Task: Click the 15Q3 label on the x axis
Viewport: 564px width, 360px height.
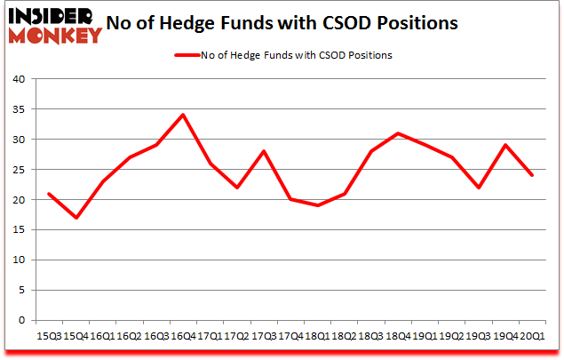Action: (49, 336)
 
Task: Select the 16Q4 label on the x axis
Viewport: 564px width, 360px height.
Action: (182, 336)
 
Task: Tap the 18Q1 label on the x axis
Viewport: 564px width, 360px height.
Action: (315, 336)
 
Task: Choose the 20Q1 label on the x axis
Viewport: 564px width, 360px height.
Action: (530, 336)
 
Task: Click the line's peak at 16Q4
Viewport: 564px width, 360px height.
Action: (182, 115)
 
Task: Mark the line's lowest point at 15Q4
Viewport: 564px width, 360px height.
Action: (75, 218)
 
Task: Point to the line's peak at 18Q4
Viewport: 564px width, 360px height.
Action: (397, 133)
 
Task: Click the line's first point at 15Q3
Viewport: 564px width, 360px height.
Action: (49, 194)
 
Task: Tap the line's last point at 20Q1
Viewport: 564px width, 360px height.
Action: (530, 175)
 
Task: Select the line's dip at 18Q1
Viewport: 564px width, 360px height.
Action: (317, 205)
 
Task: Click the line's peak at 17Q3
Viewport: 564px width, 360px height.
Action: (263, 151)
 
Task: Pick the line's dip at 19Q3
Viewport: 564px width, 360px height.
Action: (477, 188)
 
